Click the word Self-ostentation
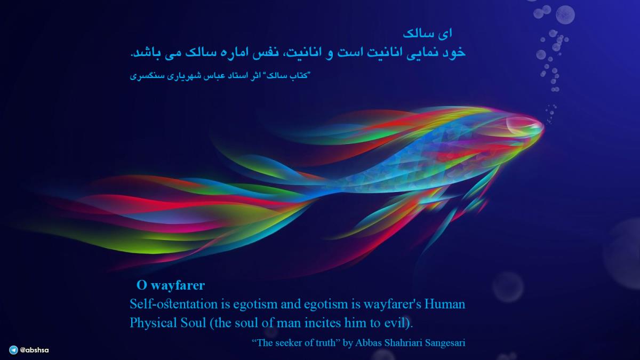pyautogui.click(x=173, y=303)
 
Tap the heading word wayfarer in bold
pyautogui.click(x=178, y=286)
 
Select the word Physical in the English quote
pyautogui.click(x=153, y=323)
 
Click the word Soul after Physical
pyautogui.click(x=193, y=323)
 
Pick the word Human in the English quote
pyautogui.click(x=445, y=304)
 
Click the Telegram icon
pyautogui.click(x=13, y=350)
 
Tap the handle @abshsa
pyautogui.click(x=34, y=350)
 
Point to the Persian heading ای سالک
pyautogui.click(x=428, y=34)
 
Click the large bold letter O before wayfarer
pyautogui.click(x=142, y=285)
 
